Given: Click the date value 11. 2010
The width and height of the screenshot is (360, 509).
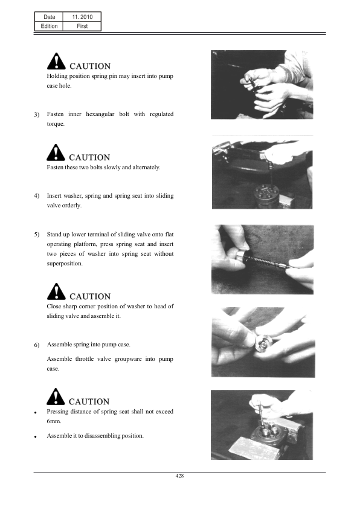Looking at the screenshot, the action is tap(82, 17).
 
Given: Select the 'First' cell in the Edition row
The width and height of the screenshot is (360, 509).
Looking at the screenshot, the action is tap(82, 26).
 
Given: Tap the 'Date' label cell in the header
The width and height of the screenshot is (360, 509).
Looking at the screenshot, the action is tap(50, 17).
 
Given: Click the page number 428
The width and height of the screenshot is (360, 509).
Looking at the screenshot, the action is tap(179, 476).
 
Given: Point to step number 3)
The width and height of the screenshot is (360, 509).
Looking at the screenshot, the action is tap(37, 115).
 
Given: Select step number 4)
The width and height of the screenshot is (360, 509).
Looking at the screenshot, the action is tap(37, 196).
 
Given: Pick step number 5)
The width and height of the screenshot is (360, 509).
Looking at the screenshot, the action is tap(37, 235).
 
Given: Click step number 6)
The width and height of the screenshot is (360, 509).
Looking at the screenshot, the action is tap(37, 345).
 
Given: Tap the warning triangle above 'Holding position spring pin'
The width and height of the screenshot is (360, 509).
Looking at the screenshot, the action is tap(56, 61).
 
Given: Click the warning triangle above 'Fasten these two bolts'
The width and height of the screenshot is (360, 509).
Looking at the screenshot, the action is tap(56, 152).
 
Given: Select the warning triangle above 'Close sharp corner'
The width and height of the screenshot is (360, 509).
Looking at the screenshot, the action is tap(56, 291).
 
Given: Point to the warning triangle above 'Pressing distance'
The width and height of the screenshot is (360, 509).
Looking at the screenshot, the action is tap(56, 397).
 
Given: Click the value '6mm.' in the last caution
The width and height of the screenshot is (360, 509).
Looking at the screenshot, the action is tap(54, 421).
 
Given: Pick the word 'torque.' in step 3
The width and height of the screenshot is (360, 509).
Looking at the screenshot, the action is tap(56, 124).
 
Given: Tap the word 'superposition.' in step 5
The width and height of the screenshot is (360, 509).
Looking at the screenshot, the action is tap(65, 263).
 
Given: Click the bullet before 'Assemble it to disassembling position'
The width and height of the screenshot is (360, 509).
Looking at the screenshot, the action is tap(36, 437).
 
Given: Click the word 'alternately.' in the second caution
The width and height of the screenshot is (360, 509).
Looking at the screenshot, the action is tap(146, 167).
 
